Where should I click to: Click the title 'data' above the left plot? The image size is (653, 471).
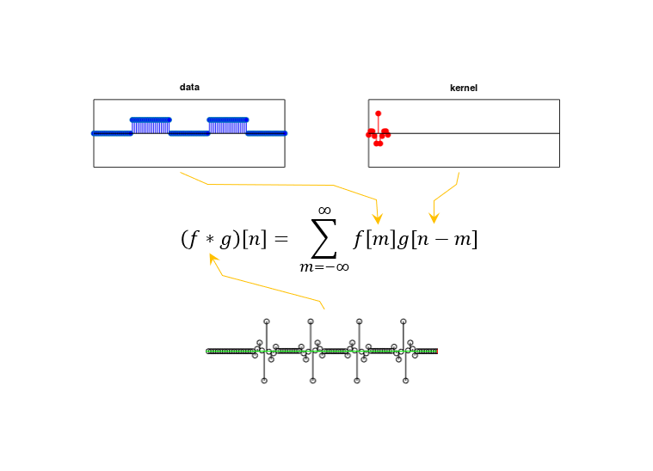pos(189,87)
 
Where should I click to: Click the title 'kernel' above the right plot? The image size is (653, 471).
pos(464,88)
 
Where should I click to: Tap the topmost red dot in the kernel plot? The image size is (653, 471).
pos(379,113)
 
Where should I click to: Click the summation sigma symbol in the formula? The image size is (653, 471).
pos(324,238)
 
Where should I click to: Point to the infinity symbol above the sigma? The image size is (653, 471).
pos(324,211)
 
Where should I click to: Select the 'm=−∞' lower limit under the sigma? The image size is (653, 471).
pos(324,266)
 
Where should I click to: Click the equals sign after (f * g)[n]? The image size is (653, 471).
pos(281,239)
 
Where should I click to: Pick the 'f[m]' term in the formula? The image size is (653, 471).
pos(374,239)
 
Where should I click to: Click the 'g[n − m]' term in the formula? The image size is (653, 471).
pos(438,239)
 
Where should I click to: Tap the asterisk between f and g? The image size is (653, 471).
pos(210,239)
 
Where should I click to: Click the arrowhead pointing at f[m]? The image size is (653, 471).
pos(378,219)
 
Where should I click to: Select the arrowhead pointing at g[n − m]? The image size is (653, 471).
pos(434,218)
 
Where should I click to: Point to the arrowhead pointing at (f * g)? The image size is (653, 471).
pos(213,259)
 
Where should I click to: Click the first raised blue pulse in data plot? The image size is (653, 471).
pos(151,125)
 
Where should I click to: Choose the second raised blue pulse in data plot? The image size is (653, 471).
pos(228,125)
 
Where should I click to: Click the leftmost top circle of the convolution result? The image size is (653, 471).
pos(267,321)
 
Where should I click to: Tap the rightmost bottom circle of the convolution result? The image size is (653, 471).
pos(405,381)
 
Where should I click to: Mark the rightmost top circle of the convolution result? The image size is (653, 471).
pos(404,321)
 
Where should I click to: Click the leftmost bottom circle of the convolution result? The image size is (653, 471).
pos(264,381)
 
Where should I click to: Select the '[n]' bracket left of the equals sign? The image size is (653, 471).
pos(255,239)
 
